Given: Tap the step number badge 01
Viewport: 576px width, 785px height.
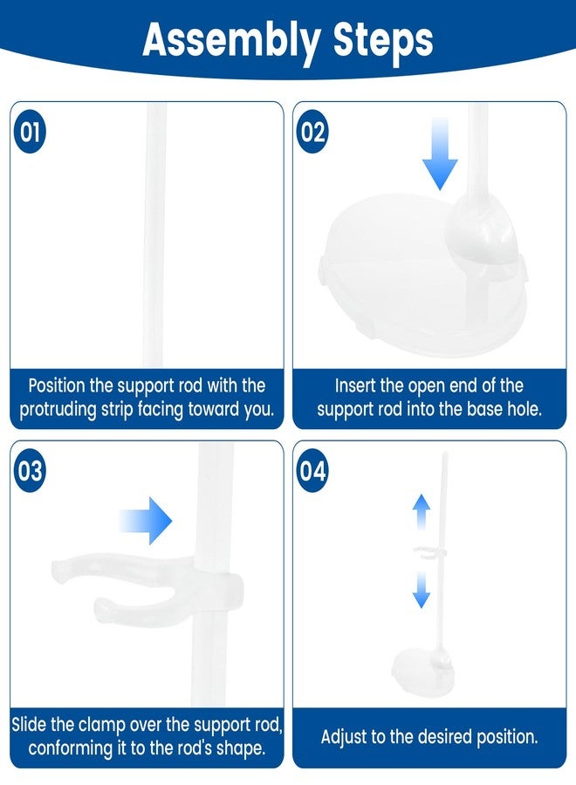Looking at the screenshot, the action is click(30, 131).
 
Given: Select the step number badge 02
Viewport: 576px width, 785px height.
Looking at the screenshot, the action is click(312, 131).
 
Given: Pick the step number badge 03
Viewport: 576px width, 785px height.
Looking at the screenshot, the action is click(30, 471).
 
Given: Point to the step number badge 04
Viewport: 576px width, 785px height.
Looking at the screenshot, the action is click(312, 471).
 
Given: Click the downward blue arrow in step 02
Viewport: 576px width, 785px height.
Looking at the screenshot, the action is click(440, 154).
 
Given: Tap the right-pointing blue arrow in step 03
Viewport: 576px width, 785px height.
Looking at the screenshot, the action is click(146, 521).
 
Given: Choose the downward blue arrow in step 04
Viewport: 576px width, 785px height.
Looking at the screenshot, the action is click(422, 590).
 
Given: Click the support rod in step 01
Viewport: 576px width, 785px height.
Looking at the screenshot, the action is click(154, 235).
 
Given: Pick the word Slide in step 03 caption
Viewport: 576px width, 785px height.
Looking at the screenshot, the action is click(29, 725).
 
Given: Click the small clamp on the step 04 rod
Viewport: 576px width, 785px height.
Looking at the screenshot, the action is click(429, 552).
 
